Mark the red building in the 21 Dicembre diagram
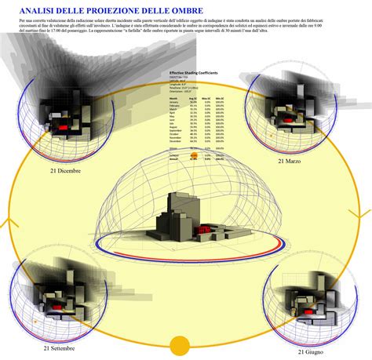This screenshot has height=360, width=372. click(x=59, y=125)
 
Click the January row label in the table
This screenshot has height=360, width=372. click(x=173, y=101)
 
